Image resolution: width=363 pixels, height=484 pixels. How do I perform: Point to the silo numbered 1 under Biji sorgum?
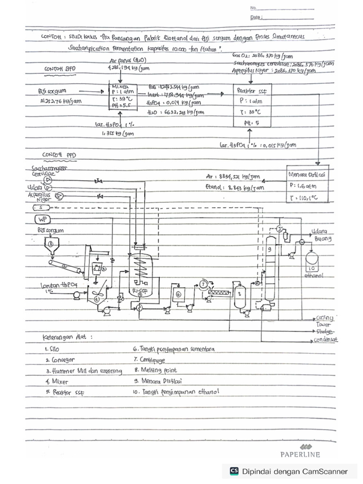51,244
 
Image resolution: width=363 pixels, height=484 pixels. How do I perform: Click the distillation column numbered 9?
269,265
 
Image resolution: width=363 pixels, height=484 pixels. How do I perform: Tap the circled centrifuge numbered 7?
203,284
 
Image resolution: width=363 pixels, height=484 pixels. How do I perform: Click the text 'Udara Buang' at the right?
320,235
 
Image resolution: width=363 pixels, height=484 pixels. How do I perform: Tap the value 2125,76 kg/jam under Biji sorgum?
56,101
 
